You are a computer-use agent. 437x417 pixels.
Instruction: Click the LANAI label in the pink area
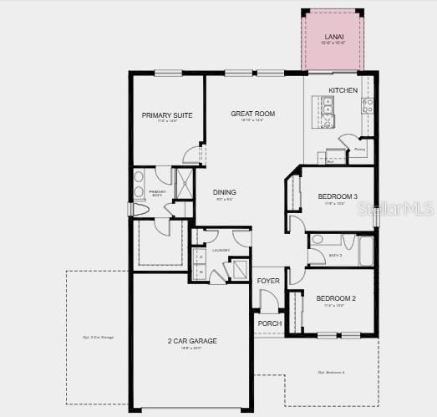point(333,37)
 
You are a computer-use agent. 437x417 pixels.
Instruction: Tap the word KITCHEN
point(343,90)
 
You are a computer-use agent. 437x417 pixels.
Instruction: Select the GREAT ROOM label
point(253,114)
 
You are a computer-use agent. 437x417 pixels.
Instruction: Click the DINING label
point(225,191)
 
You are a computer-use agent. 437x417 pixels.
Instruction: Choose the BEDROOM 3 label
point(338,197)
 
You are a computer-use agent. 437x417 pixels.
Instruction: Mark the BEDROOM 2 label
point(336,298)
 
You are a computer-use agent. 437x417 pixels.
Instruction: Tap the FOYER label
point(268,281)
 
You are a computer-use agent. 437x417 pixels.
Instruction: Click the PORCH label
point(269,323)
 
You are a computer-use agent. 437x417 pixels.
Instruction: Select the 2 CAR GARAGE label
point(193,341)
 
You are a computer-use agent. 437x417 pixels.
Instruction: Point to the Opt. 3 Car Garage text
point(98,337)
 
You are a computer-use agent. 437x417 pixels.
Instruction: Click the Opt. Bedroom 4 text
point(332,372)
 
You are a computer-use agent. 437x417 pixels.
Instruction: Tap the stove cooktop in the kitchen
point(367,105)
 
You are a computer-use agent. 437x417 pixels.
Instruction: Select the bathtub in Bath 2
point(366,251)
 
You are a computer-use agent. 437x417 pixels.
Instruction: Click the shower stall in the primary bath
point(182,182)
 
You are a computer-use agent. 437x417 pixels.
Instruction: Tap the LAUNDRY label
point(221,250)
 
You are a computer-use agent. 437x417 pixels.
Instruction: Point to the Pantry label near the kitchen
point(359,151)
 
